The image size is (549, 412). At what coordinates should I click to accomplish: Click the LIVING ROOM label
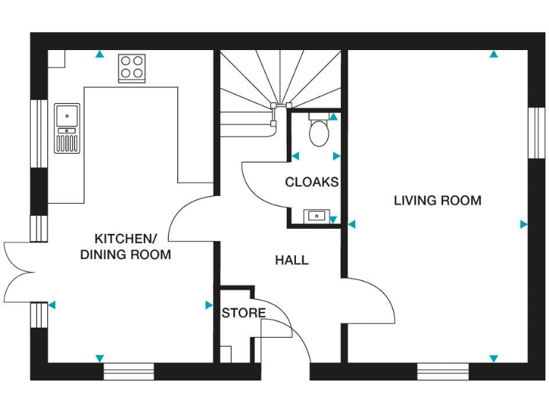point(437,200)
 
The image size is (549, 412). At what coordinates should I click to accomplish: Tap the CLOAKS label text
point(312,182)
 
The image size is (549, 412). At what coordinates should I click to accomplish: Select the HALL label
point(292,260)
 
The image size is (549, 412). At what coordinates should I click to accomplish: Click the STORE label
point(243,313)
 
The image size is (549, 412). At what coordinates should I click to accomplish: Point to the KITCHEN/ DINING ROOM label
point(125,247)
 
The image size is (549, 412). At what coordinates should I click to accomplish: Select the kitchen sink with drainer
point(67,128)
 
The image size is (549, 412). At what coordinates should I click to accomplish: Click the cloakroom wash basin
point(315,215)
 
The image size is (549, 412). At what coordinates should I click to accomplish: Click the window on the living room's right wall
point(535,133)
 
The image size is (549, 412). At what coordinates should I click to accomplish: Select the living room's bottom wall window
point(442,371)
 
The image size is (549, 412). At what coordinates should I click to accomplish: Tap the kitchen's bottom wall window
point(129,371)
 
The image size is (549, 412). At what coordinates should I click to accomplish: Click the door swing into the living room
point(372,300)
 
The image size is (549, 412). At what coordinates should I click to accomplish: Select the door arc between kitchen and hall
point(189,218)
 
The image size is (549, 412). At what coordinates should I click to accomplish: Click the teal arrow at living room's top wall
point(493,54)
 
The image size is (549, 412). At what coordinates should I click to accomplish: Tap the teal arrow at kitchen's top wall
point(99,54)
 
